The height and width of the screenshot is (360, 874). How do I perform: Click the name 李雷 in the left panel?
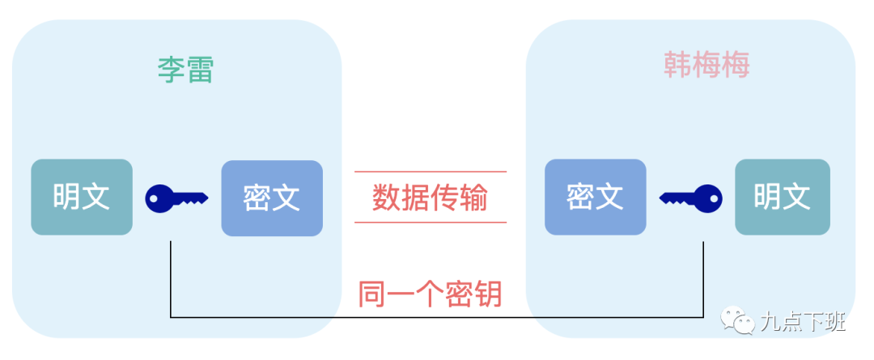(x=185, y=70)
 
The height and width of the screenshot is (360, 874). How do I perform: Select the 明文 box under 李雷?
(x=82, y=197)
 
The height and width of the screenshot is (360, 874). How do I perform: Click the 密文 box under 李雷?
(x=272, y=197)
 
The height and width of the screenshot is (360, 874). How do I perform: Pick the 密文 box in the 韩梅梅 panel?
(x=595, y=197)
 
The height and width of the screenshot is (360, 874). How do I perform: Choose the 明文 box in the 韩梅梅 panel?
(x=782, y=197)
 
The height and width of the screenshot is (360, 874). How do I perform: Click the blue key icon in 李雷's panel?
(x=176, y=197)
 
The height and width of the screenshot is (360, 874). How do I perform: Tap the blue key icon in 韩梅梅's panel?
(x=690, y=197)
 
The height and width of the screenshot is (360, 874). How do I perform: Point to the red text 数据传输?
(x=430, y=197)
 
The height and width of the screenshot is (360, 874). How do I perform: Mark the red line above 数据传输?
(x=430, y=172)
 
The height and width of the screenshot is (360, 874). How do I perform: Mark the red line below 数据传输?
(x=430, y=222)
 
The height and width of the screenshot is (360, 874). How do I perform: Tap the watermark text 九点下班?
(x=802, y=322)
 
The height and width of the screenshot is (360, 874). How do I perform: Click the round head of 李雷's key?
(x=159, y=197)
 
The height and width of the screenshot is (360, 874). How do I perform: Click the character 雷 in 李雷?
(x=199, y=70)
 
